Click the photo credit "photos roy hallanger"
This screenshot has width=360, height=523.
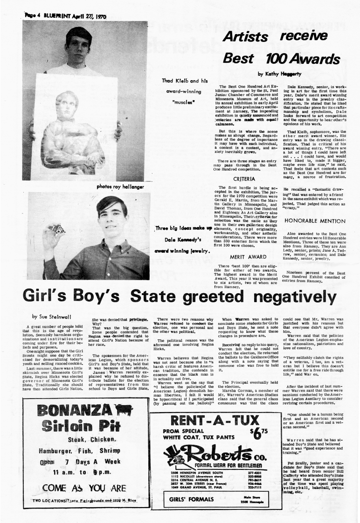tap(120, 186)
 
